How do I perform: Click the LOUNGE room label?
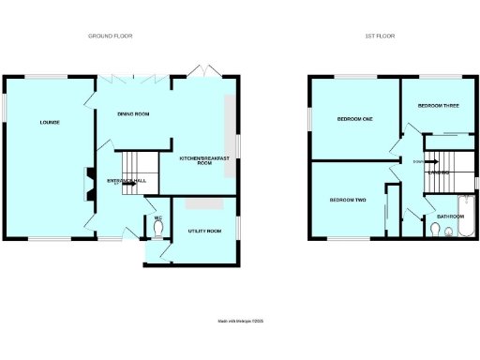(x=50, y=122)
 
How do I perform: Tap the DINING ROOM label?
(x=133, y=114)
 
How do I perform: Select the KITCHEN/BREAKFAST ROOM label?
(x=204, y=162)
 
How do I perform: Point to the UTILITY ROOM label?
(x=203, y=230)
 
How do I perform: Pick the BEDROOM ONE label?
(x=355, y=119)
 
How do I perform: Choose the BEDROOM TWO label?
(x=347, y=201)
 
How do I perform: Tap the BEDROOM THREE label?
(x=438, y=106)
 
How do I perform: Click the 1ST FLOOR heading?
(x=380, y=36)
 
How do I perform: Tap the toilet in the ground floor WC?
(x=157, y=229)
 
